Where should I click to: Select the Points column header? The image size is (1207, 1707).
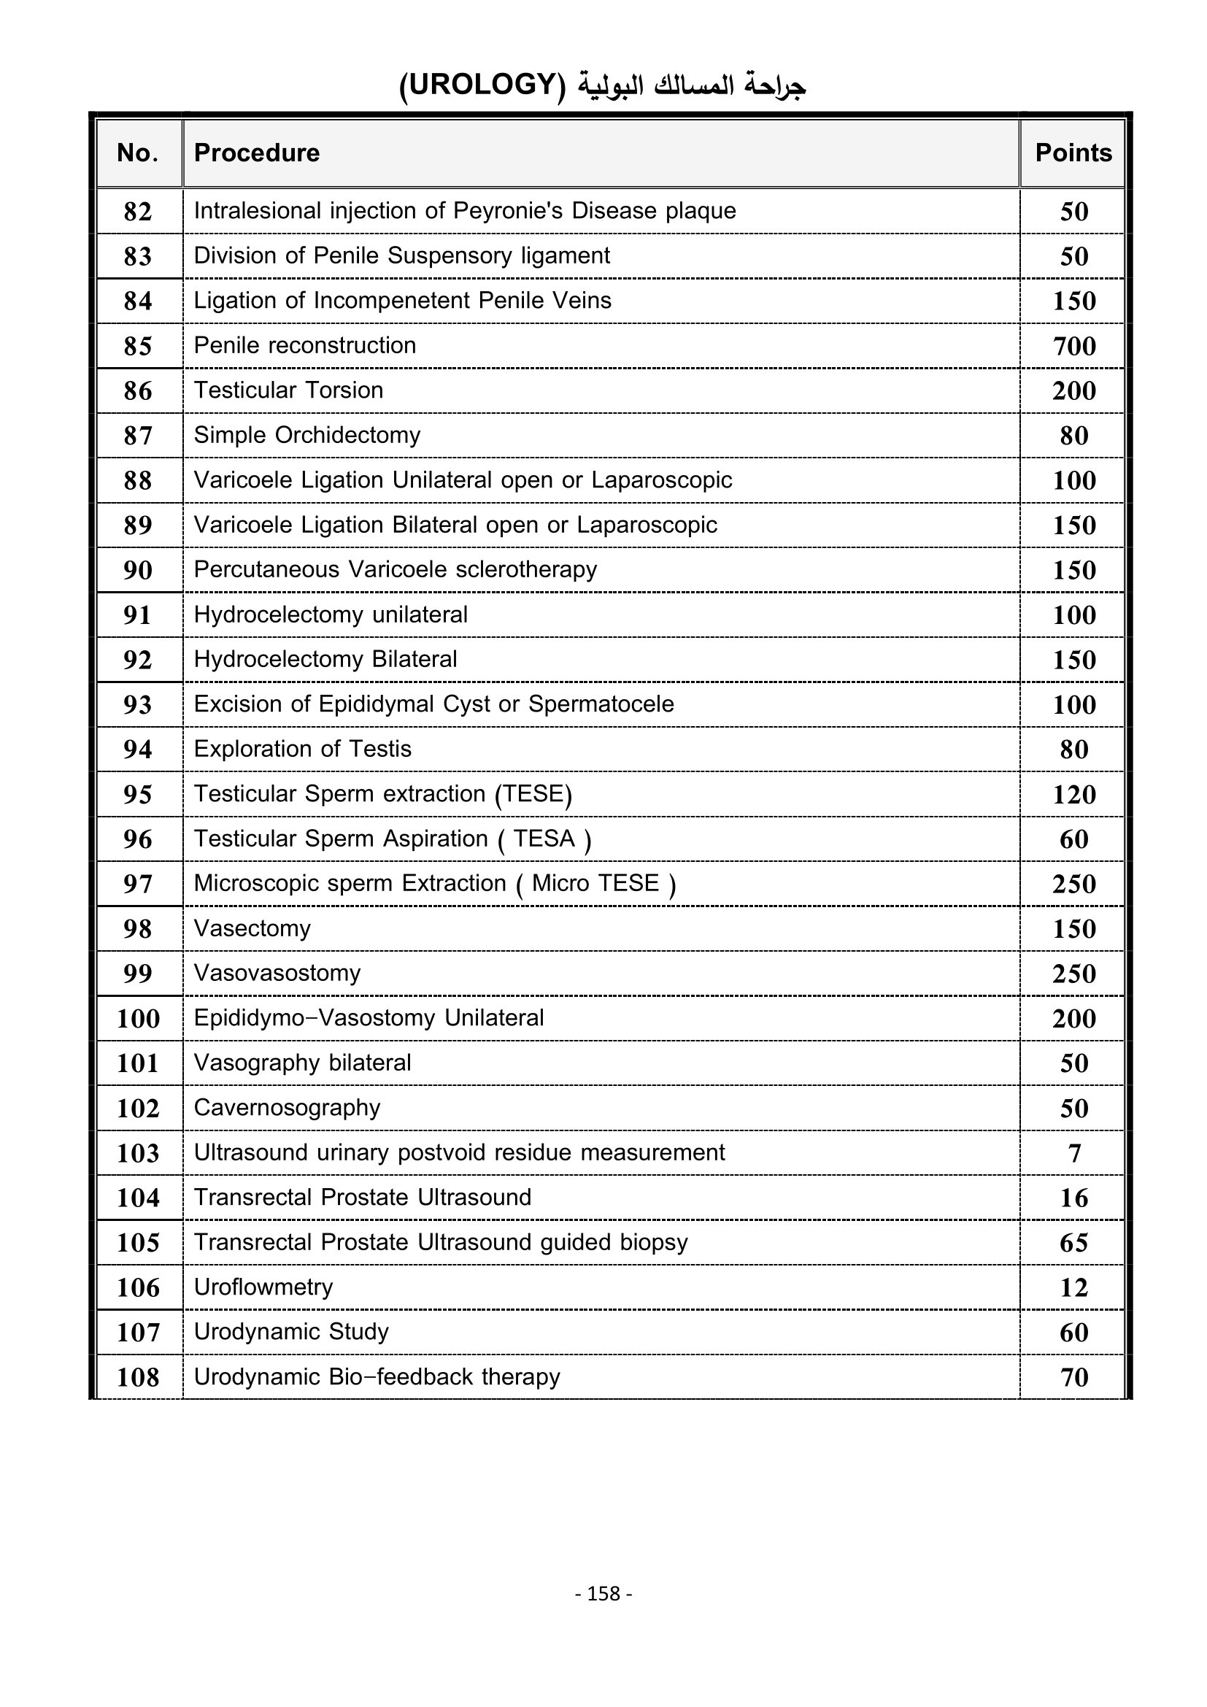[x=1073, y=153]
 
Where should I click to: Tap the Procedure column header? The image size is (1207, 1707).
[x=256, y=153]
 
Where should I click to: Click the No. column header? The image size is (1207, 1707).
[x=137, y=153]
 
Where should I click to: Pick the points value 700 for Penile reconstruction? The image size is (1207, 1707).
[x=1074, y=346]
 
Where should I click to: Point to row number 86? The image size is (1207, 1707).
[x=137, y=390]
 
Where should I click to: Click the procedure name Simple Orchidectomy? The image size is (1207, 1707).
[x=307, y=435]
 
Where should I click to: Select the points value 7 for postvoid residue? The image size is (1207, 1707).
[x=1074, y=1153]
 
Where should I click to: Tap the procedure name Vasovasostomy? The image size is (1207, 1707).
[x=277, y=974]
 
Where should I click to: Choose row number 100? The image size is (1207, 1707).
[x=138, y=1019]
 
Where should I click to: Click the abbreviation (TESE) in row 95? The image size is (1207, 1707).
[x=533, y=794]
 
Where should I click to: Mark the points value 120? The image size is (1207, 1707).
[x=1074, y=795]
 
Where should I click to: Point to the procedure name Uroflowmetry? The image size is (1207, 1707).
[x=263, y=1287]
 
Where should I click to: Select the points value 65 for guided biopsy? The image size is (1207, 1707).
[x=1074, y=1242]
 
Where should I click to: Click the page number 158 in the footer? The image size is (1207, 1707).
[x=603, y=1593]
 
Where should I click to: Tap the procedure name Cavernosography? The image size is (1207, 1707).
[x=287, y=1108]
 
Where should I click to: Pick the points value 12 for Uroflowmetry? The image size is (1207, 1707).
[x=1074, y=1287]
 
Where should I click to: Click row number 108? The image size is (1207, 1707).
[x=138, y=1378]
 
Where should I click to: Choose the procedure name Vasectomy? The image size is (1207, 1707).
[x=252, y=928]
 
